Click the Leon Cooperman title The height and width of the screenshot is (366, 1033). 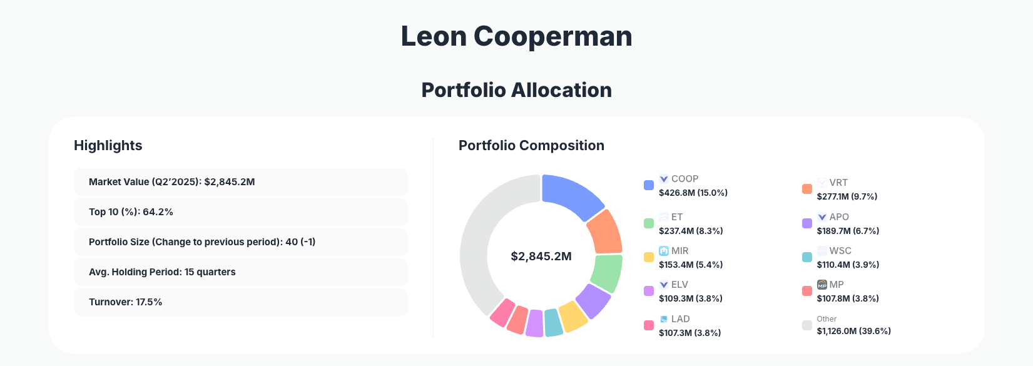[516, 36]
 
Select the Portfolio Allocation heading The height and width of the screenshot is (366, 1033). [516, 90]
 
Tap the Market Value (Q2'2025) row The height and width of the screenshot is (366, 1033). [240, 182]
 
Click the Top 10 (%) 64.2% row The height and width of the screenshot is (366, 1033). [240, 212]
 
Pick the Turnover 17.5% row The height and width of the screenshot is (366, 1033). [240, 302]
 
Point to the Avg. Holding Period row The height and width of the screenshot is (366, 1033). [240, 272]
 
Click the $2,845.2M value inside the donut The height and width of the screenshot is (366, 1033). [541, 257]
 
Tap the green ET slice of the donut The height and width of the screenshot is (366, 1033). [606, 273]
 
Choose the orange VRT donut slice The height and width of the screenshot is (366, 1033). [605, 232]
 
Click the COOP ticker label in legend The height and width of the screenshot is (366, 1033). [684, 179]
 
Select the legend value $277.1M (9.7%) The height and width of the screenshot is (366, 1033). [847, 196]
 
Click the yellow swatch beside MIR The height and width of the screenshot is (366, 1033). [649, 257]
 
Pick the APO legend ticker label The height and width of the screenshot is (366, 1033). [838, 217]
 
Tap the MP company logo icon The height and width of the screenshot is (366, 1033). [822, 285]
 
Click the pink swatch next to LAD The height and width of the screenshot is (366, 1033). [649, 325]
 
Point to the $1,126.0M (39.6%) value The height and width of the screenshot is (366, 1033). [853, 331]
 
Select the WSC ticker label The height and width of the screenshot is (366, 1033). [840, 251]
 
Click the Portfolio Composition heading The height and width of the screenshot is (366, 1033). [531, 146]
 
